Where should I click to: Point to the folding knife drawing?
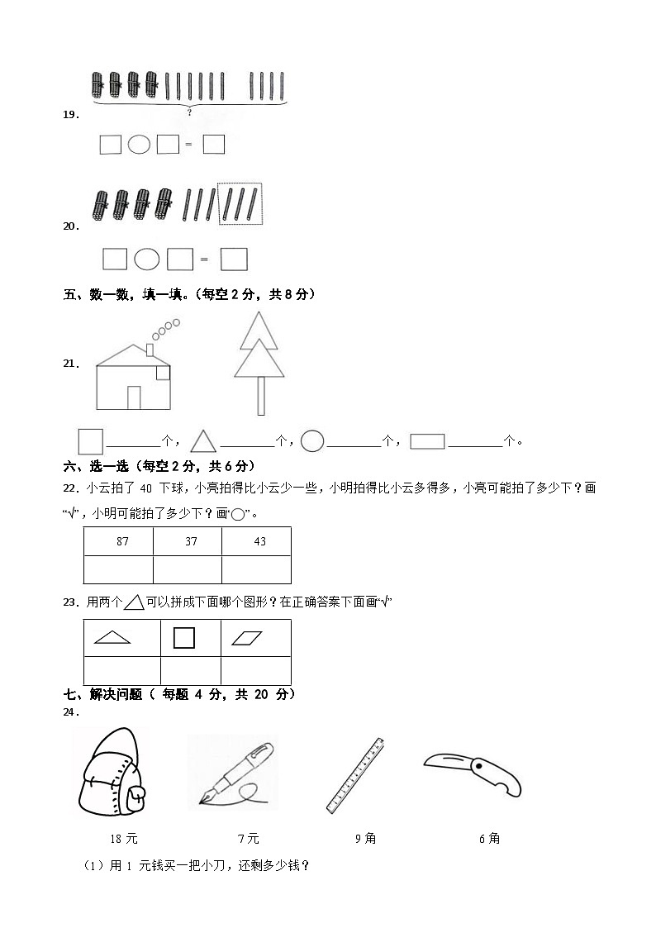click(473, 772)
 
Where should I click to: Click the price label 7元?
click(248, 839)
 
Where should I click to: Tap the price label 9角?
click(365, 839)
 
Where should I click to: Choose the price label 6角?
click(489, 839)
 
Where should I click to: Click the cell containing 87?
click(118, 541)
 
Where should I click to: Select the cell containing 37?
click(187, 541)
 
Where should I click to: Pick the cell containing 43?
click(256, 541)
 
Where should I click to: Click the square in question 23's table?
click(184, 637)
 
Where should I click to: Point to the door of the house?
click(134, 397)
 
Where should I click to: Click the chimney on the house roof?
click(150, 350)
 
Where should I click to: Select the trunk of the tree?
click(261, 396)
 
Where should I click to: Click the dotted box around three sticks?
click(239, 203)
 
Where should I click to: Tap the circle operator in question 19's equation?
click(139, 145)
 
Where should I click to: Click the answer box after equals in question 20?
click(235, 259)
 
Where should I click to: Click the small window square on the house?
click(163, 373)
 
